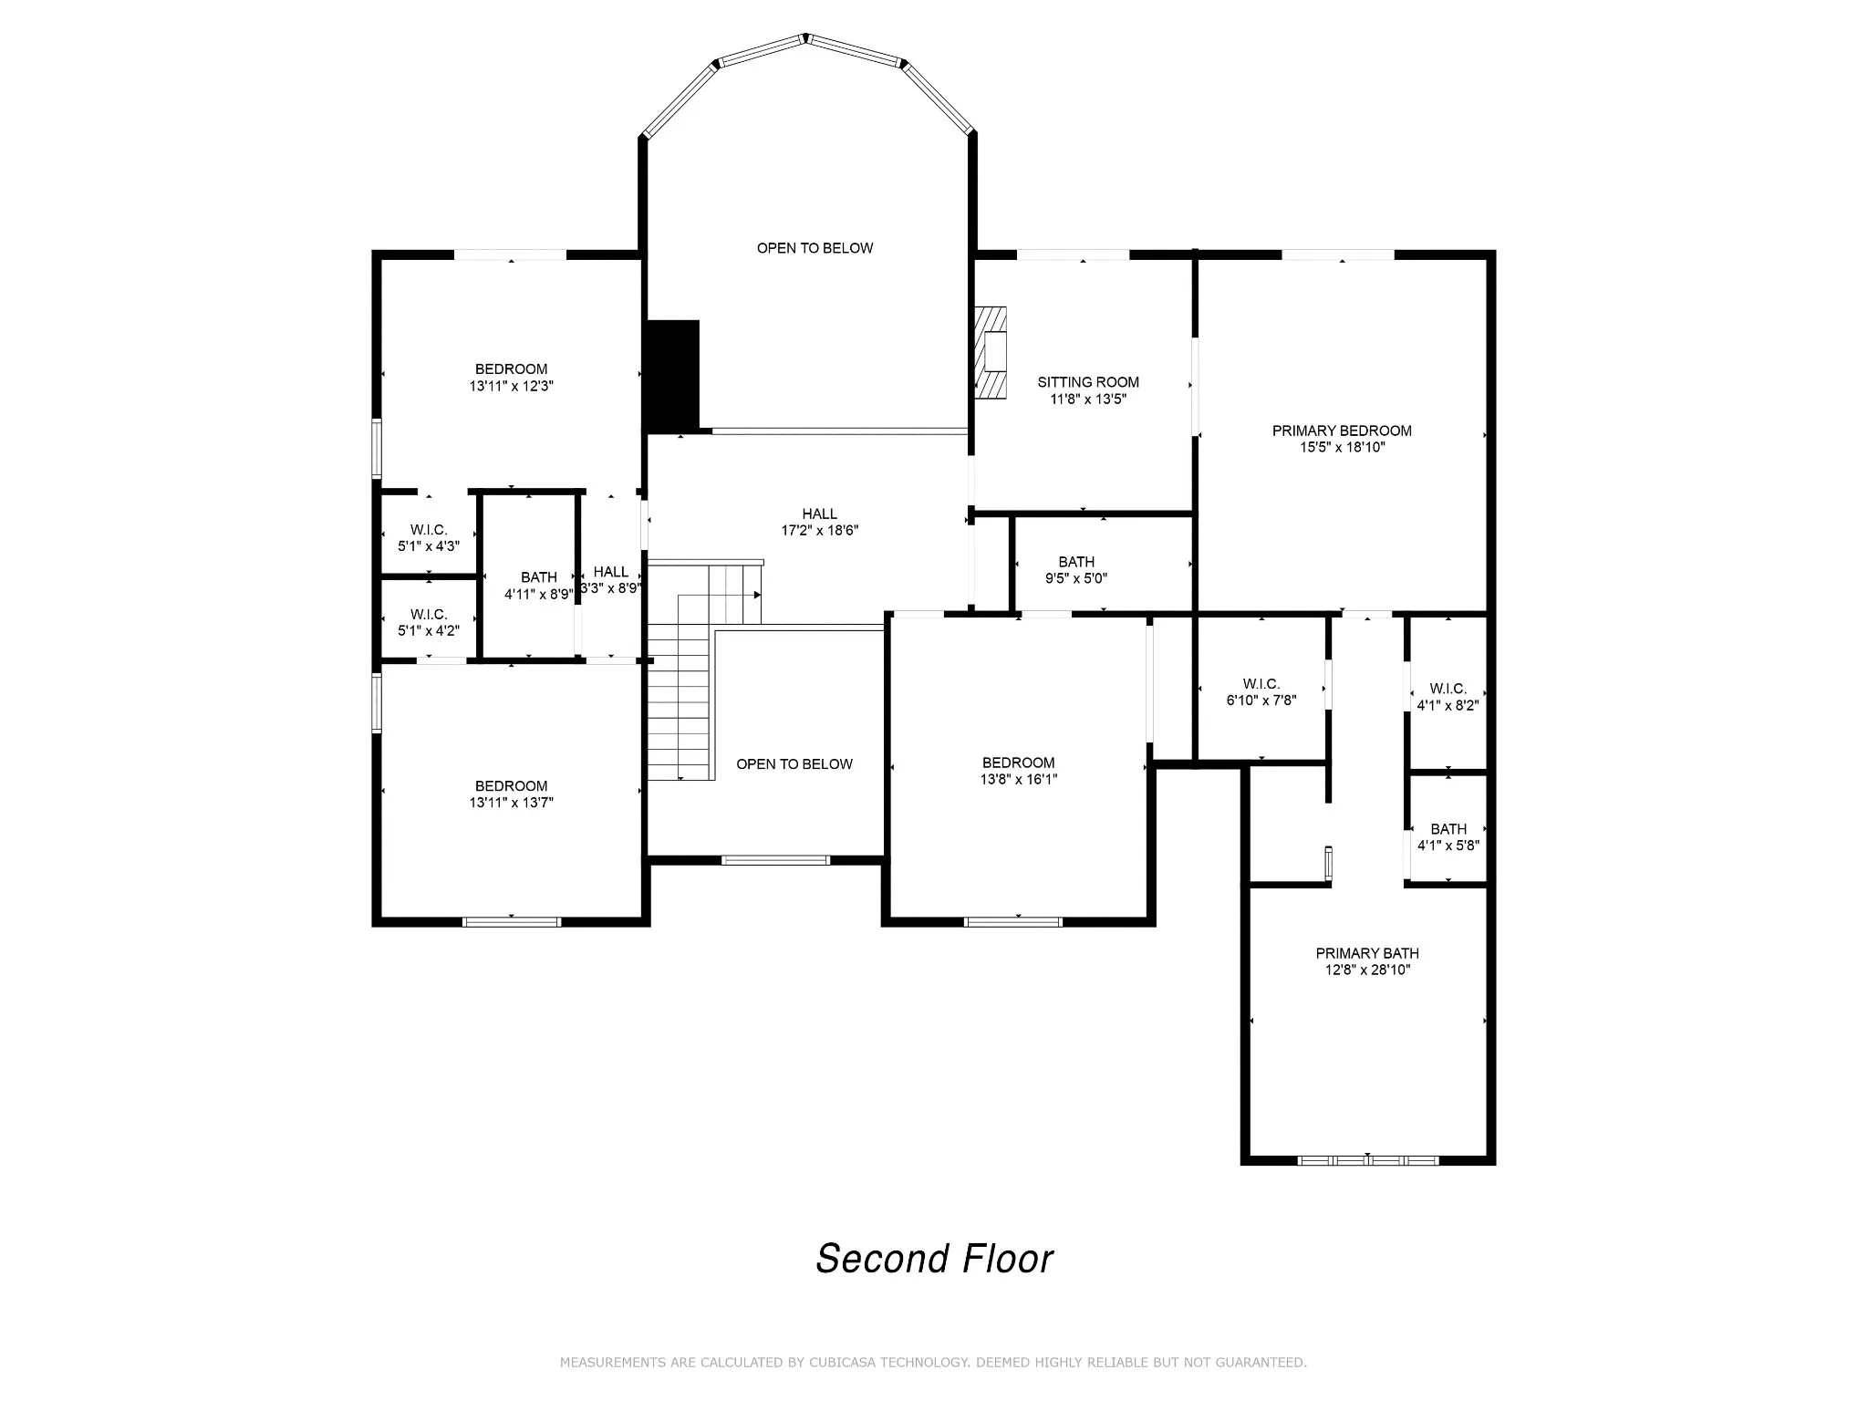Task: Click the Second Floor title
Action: point(934,1259)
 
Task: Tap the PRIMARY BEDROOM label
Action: point(1342,431)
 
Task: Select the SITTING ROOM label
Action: point(1088,382)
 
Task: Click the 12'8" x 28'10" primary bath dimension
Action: point(1367,970)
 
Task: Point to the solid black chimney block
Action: point(672,375)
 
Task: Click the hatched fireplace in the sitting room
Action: point(991,352)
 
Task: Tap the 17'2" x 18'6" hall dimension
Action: point(820,530)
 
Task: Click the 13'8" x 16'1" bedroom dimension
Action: point(1019,779)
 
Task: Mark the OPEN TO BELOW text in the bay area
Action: point(815,248)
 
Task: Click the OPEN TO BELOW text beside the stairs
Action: point(794,764)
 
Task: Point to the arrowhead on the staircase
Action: point(757,595)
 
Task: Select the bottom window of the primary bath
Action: point(1367,1160)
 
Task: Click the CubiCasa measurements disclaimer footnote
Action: point(933,1363)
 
